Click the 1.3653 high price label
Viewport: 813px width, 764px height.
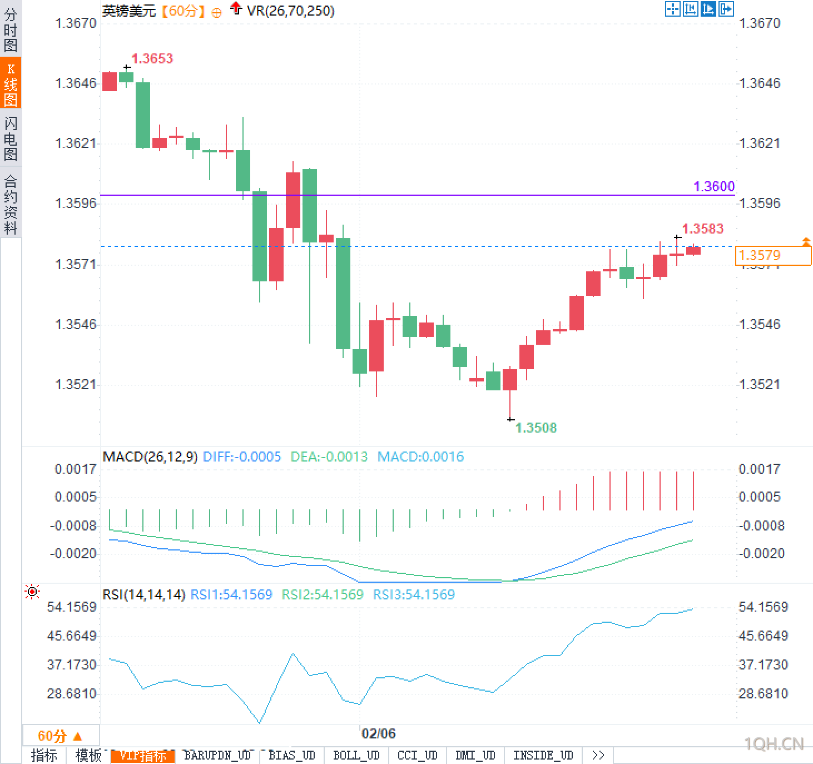pos(152,58)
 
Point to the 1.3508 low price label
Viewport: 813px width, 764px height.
pos(536,428)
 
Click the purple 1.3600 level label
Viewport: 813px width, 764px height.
pos(714,186)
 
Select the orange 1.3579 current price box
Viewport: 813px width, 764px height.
pos(772,256)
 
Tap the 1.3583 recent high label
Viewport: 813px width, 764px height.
pos(702,229)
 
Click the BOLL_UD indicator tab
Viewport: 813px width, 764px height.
pos(356,755)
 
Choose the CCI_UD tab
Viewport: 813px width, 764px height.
pos(417,755)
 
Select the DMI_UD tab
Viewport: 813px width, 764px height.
pos(475,755)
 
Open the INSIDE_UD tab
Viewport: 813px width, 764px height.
pos(543,755)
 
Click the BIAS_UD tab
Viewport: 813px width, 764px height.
pos(291,755)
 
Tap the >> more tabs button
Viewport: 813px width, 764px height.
pos(598,755)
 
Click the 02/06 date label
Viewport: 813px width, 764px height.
pos(378,733)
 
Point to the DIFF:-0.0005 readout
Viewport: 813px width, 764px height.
pos(242,457)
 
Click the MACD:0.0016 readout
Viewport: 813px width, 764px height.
pos(420,457)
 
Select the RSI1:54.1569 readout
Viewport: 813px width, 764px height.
pos(231,594)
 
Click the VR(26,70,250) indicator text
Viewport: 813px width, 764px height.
pos(290,11)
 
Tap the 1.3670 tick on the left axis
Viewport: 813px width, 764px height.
pos(76,23)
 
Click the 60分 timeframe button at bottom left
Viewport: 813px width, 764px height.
pos(60,736)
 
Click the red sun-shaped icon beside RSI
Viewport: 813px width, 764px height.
pos(32,592)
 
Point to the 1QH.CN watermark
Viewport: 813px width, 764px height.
pos(774,743)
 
